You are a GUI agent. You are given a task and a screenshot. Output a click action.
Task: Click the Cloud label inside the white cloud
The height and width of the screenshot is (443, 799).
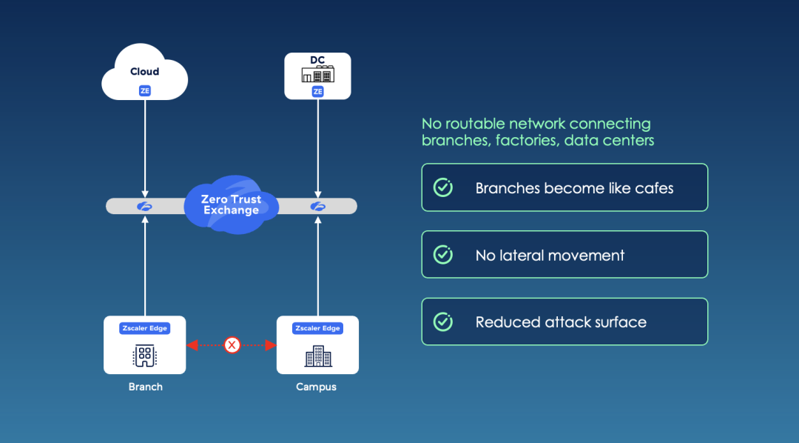pyautogui.click(x=144, y=72)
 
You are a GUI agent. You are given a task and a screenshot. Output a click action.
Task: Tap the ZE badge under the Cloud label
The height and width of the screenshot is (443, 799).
pyautogui.click(x=145, y=91)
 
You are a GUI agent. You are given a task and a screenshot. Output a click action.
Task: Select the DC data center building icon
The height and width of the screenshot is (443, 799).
pyautogui.click(x=318, y=74)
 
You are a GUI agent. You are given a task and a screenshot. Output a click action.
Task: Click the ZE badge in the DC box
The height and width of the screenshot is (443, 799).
pyautogui.click(x=318, y=91)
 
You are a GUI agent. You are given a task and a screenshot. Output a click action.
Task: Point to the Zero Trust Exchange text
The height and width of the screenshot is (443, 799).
pyautogui.click(x=232, y=204)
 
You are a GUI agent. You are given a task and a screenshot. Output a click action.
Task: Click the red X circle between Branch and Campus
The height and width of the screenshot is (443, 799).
pyautogui.click(x=232, y=344)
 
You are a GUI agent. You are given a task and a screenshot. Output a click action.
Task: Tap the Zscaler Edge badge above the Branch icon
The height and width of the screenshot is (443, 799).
pyautogui.click(x=145, y=328)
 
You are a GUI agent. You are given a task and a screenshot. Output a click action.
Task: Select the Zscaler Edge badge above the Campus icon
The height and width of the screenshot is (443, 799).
pyautogui.click(x=317, y=328)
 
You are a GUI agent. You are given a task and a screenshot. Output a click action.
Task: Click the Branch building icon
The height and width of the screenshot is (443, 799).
pyautogui.click(x=144, y=356)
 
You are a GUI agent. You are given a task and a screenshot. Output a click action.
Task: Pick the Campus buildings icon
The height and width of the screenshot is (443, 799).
pyautogui.click(x=318, y=356)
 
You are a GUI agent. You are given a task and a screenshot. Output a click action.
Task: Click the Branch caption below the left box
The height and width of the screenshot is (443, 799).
pyautogui.click(x=145, y=387)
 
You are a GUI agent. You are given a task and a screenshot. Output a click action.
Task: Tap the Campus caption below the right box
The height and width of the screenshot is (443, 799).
pyautogui.click(x=317, y=387)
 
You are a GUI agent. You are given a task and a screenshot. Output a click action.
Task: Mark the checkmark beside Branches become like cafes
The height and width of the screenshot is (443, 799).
pyautogui.click(x=442, y=187)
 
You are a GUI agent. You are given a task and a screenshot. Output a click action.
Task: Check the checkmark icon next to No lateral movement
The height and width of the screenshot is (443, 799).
pyautogui.click(x=442, y=255)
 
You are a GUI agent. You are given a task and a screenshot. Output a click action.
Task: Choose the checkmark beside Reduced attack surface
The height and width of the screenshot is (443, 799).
pyautogui.click(x=442, y=322)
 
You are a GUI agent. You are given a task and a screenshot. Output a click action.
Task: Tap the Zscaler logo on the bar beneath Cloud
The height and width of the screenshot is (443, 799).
pyautogui.click(x=145, y=207)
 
